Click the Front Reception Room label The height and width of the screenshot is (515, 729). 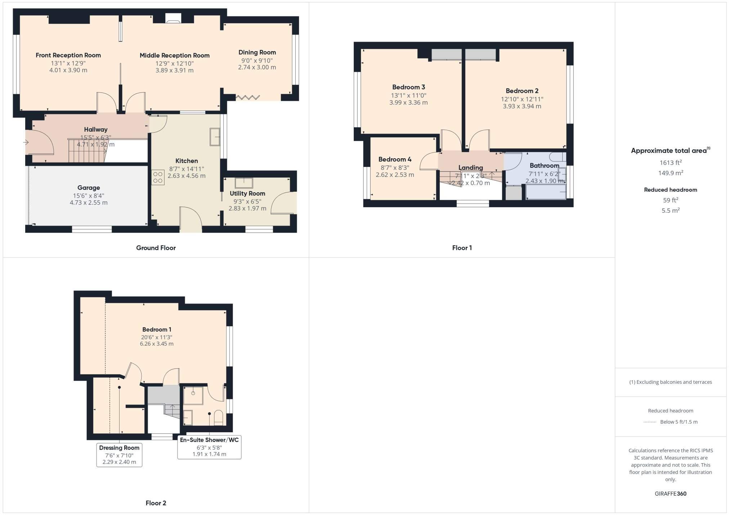point(68,55)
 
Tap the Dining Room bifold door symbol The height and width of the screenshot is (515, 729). point(248,97)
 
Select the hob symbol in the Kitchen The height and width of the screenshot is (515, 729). point(158,177)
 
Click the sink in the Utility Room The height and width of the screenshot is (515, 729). point(244,183)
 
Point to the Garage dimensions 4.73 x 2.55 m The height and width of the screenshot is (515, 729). point(89,202)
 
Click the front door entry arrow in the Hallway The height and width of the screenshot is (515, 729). point(26,142)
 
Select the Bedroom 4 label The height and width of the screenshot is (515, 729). point(395,159)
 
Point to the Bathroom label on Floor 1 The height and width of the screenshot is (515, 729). point(544,165)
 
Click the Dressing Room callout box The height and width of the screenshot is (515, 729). point(119,455)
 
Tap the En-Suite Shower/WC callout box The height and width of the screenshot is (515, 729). point(209,447)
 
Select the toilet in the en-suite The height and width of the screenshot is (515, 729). point(219,418)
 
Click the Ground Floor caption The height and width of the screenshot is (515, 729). point(156,248)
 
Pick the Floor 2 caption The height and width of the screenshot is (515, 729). point(156,503)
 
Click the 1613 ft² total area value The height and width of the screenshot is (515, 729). point(670,163)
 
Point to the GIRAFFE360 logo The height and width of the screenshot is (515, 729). point(670,493)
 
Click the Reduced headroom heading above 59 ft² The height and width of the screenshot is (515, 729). point(670,190)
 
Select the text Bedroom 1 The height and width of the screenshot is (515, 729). point(157,329)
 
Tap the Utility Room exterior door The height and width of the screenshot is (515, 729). point(283,204)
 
